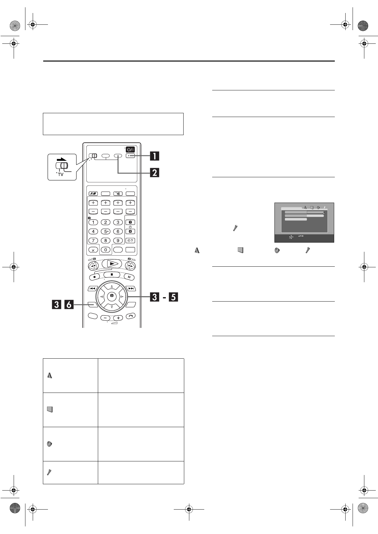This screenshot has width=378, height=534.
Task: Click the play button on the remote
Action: [112, 264]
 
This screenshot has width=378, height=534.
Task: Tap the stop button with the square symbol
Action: [112, 274]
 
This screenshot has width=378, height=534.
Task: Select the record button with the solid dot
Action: [95, 277]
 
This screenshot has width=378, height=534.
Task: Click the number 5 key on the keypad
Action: [105, 231]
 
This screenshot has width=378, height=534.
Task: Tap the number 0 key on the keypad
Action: [105, 250]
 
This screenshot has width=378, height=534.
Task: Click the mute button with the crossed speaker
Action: [118, 194]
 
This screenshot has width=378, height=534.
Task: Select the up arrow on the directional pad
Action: [112, 287]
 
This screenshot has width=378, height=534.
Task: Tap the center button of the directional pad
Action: [112, 296]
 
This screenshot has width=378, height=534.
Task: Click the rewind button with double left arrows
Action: [93, 265]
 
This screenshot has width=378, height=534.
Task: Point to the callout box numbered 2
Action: [154, 173]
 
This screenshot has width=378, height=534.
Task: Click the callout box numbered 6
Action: [69, 305]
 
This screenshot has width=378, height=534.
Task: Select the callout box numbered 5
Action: [173, 297]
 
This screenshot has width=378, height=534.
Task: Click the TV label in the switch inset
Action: [61, 174]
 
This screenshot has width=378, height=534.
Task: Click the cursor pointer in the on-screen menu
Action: [324, 214]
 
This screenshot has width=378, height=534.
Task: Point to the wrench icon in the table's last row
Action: [49, 472]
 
